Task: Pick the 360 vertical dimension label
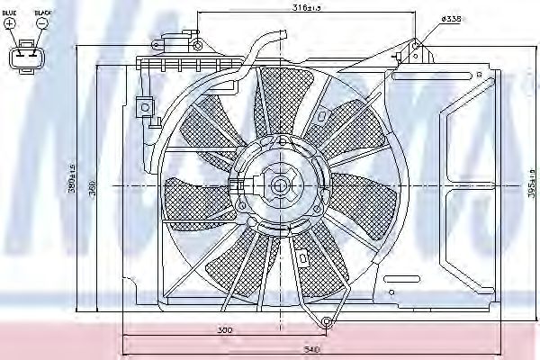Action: (x=101, y=187)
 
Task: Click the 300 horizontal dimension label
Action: (x=225, y=330)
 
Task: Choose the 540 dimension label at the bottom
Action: (x=312, y=348)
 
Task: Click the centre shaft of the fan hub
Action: (x=278, y=186)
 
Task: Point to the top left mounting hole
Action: (x=196, y=42)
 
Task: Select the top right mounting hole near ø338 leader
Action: (x=417, y=44)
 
